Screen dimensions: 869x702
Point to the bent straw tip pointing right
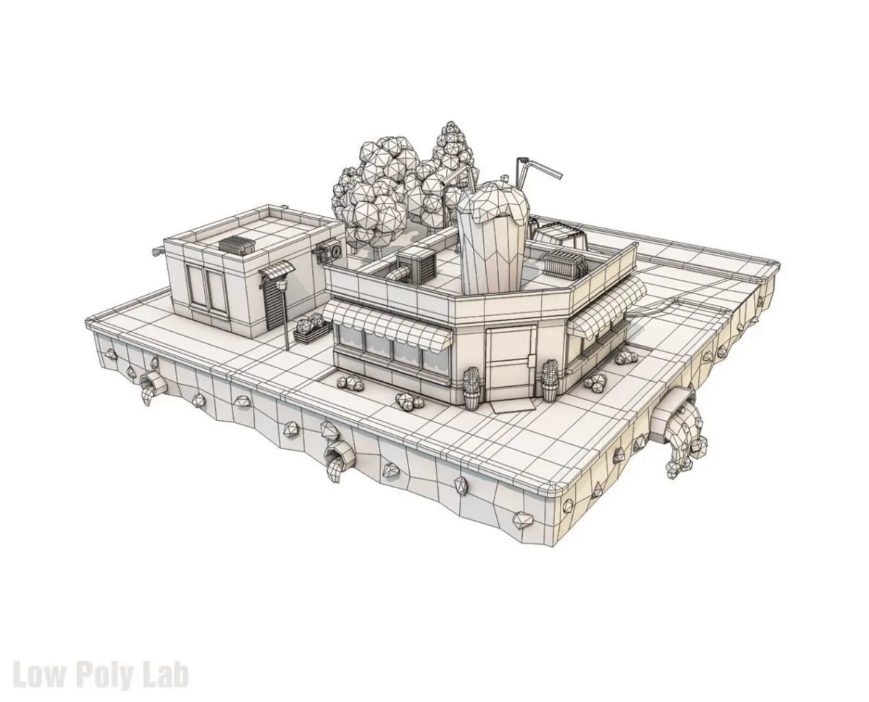(558, 175)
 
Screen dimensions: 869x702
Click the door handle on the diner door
(529, 360)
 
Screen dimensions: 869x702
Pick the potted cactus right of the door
(550, 381)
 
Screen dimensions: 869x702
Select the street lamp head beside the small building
(282, 285)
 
